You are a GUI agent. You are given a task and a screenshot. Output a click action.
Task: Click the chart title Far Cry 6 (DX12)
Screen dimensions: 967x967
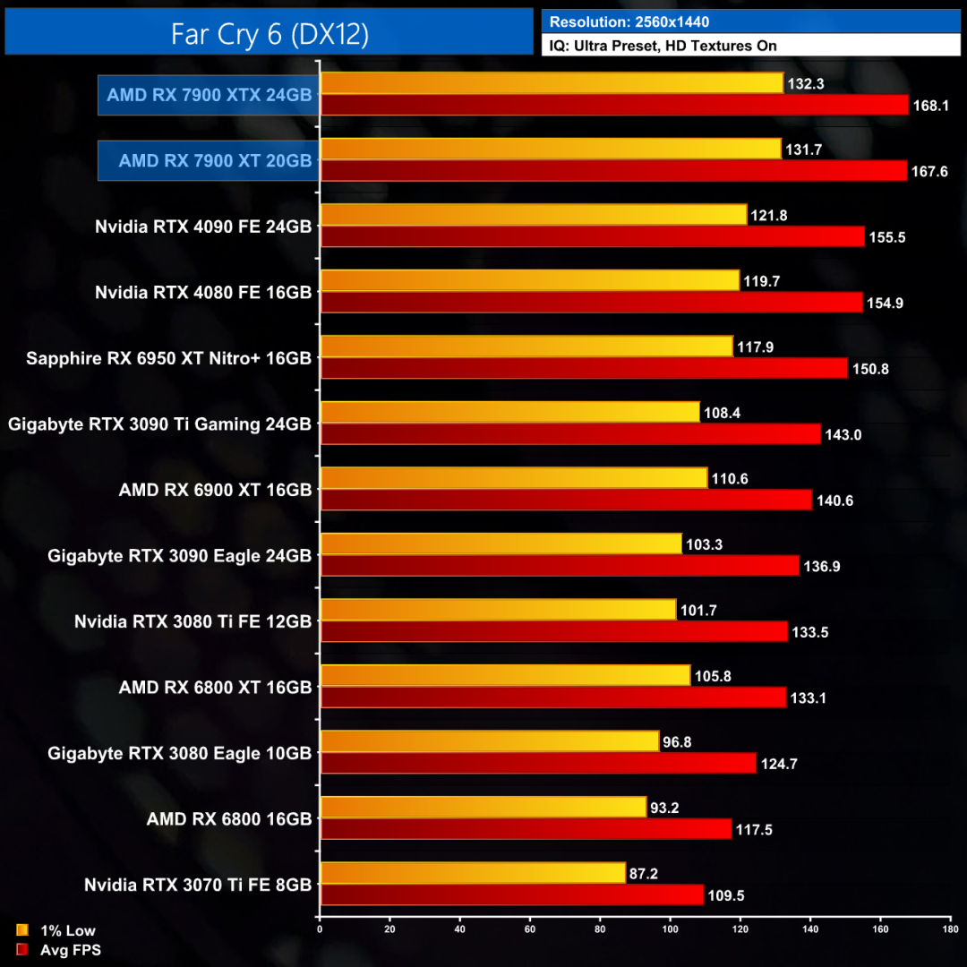(x=270, y=33)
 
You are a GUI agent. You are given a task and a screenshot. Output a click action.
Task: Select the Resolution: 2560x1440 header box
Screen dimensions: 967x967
(x=749, y=21)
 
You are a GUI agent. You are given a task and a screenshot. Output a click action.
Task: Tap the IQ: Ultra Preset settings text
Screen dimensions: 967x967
(x=749, y=46)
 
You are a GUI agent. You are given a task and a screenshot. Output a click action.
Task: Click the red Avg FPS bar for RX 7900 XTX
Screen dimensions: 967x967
(x=614, y=106)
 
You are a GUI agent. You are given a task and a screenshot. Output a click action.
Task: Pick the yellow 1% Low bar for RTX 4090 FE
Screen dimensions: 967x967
(x=533, y=215)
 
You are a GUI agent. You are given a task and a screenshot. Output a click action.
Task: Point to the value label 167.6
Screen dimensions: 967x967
(x=931, y=171)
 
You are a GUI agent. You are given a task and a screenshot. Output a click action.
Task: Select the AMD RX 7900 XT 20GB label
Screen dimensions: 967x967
(x=215, y=161)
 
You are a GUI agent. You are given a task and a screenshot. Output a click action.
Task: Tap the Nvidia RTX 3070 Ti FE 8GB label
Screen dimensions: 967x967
(x=198, y=885)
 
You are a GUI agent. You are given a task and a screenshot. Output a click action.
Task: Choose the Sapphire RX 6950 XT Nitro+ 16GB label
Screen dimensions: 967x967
(x=169, y=358)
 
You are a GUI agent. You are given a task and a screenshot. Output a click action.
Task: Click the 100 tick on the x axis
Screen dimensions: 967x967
(x=670, y=928)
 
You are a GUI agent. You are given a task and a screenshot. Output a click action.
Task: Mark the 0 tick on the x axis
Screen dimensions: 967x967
(x=320, y=928)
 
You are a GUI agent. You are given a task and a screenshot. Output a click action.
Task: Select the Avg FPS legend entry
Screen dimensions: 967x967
(x=60, y=950)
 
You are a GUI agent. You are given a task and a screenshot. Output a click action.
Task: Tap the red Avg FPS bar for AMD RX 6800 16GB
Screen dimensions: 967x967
(x=526, y=829)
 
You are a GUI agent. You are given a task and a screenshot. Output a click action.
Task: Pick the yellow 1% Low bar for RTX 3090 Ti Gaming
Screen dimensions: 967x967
(x=509, y=412)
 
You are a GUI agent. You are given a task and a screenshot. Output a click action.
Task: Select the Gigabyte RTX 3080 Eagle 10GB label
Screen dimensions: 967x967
(x=180, y=754)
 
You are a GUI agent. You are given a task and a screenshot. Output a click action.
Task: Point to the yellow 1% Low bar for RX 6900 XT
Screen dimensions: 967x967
(x=513, y=478)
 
